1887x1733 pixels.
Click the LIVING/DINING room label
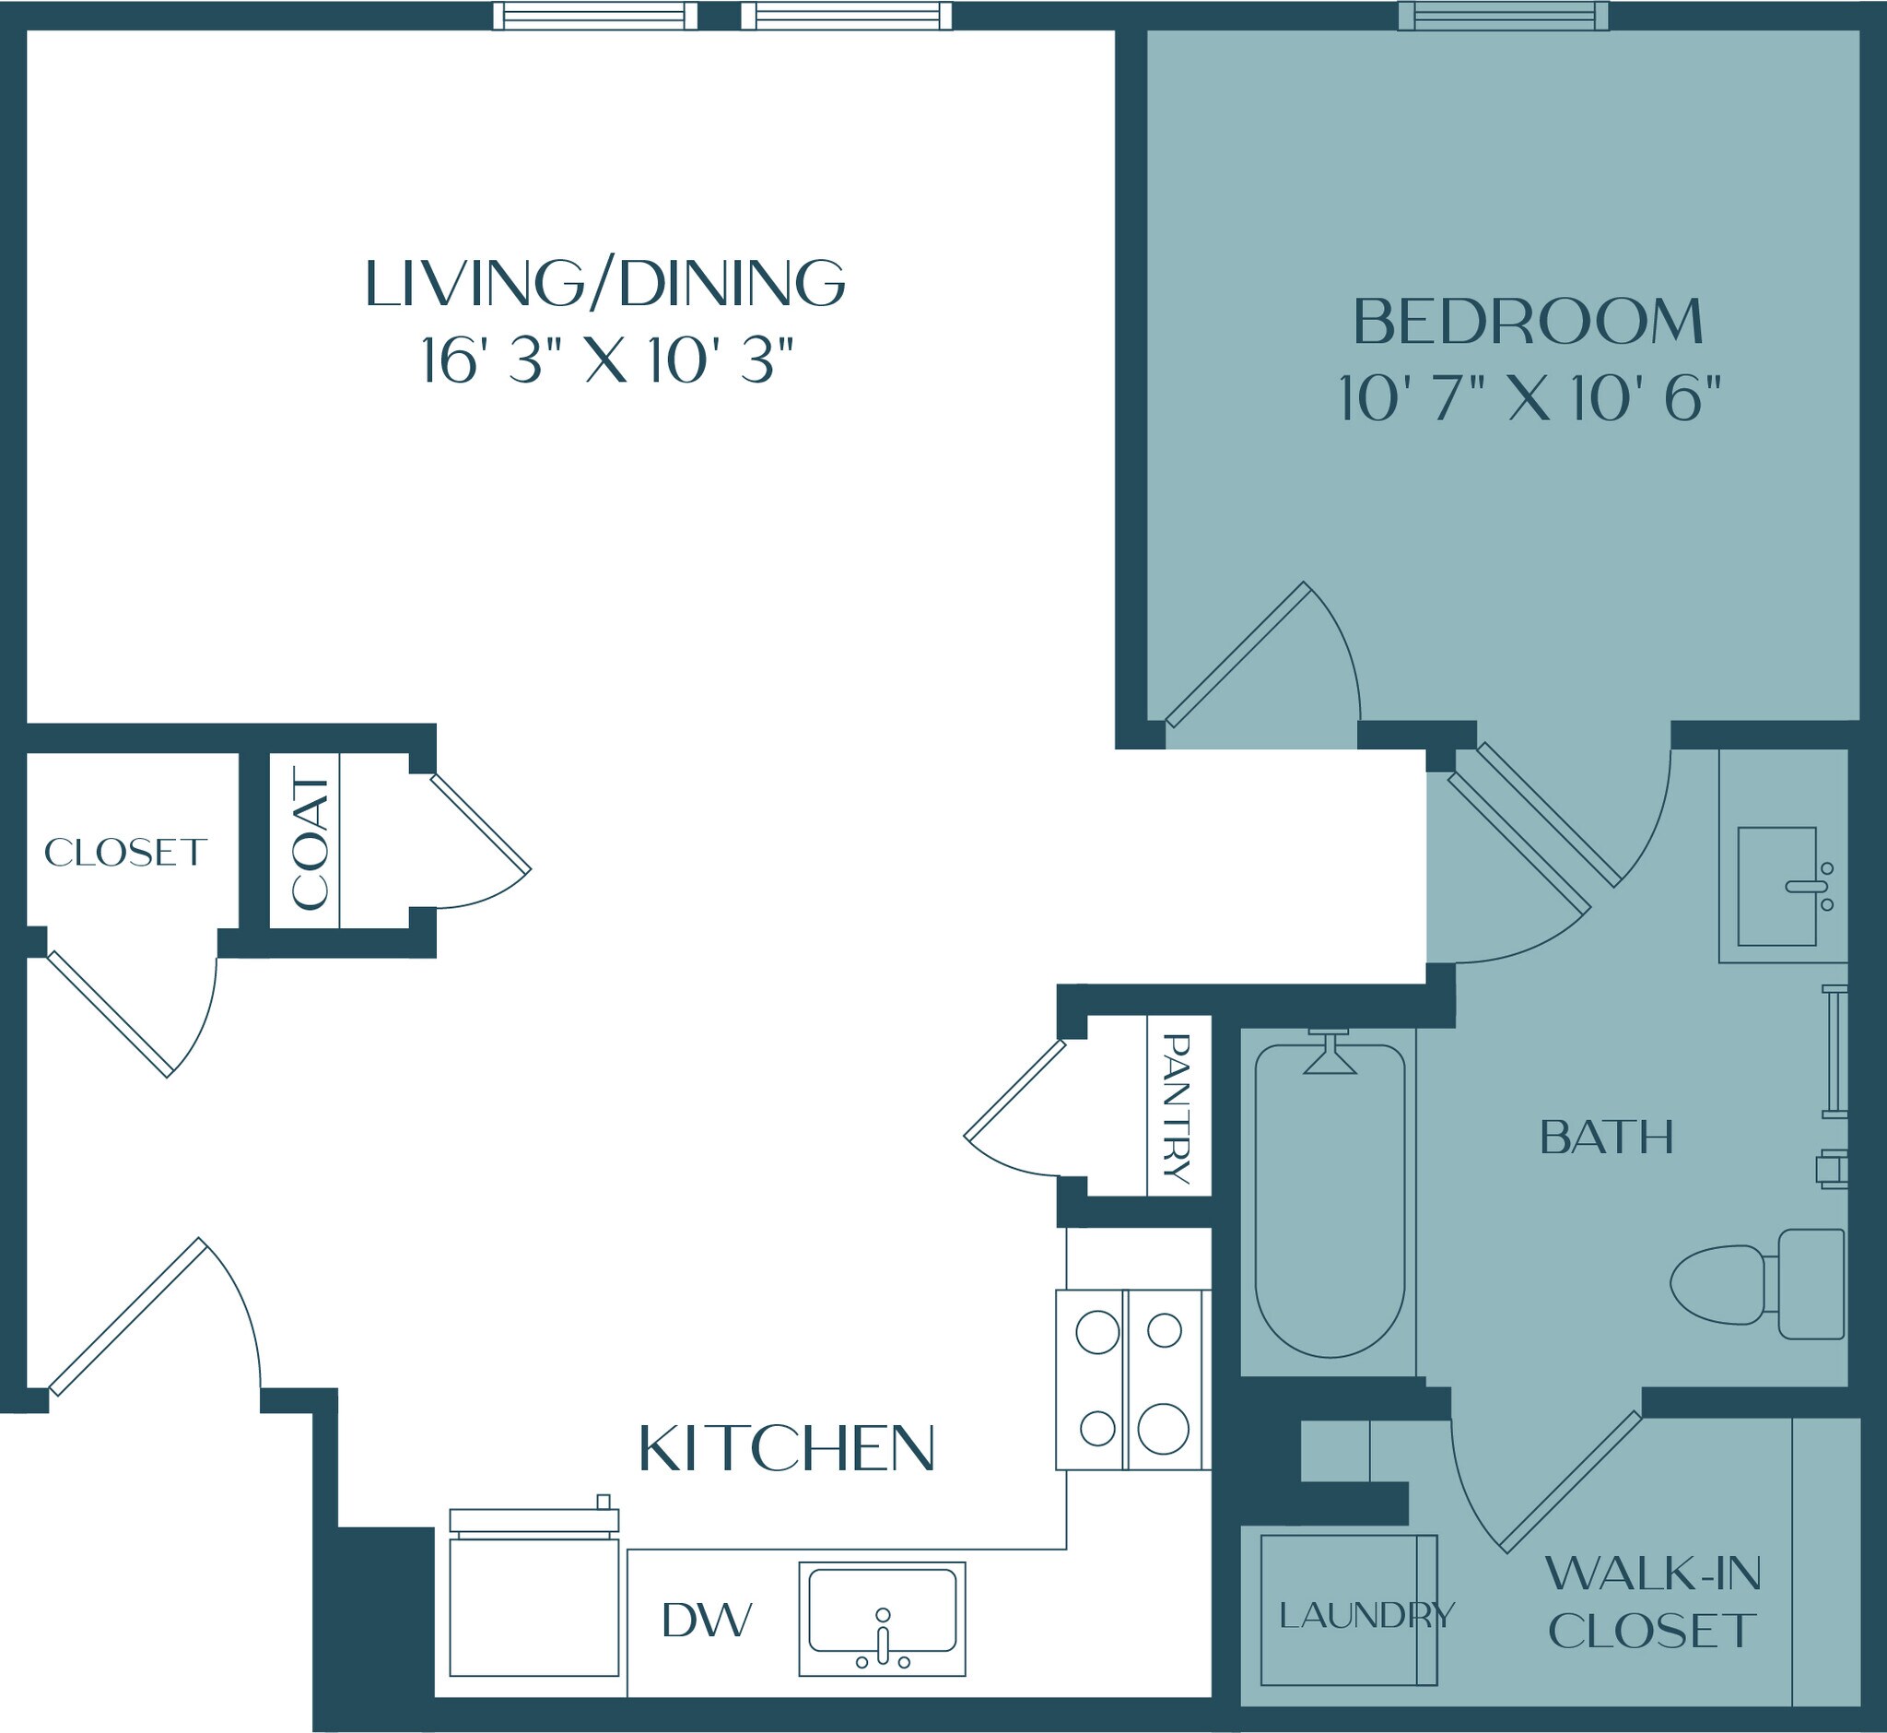[x=604, y=283]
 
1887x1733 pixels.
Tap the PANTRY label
[x=1177, y=1108]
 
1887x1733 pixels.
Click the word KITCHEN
[x=787, y=1449]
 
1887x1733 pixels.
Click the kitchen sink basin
[x=882, y=1609]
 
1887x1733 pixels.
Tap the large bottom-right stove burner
[x=1164, y=1428]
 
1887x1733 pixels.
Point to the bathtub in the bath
[x=1330, y=1200]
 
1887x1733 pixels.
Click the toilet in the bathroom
[x=1758, y=1284]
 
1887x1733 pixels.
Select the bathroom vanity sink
[x=1776, y=886]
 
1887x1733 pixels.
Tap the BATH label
[x=1606, y=1138]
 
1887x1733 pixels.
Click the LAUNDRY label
[x=1365, y=1615]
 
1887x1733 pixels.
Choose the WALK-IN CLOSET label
[x=1653, y=1603]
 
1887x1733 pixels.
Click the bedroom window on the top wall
[x=1504, y=16]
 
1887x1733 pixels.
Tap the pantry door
[x=1016, y=1089]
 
